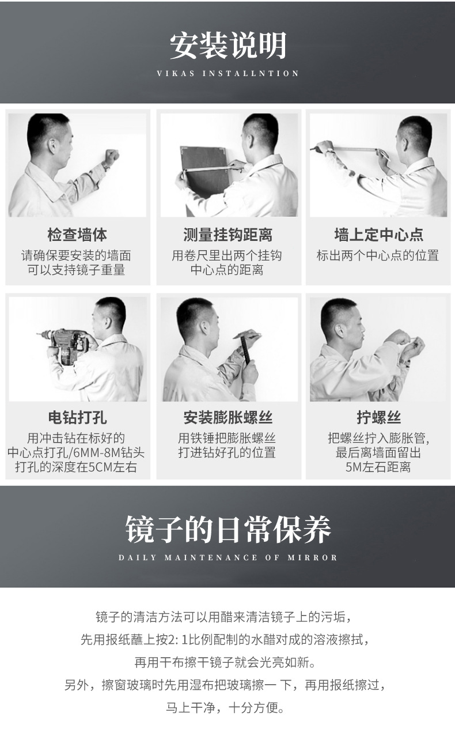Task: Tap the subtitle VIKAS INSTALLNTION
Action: pos(227,74)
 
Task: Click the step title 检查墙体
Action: pos(77,235)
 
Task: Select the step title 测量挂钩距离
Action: pos(227,235)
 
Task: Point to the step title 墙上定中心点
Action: pos(378,235)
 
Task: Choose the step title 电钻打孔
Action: pos(77,417)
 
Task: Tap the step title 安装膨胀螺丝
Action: pos(227,417)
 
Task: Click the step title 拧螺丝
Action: pos(378,417)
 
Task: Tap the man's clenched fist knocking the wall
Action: pos(111,156)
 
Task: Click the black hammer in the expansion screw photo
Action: pos(246,349)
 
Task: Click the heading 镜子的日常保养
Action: pos(227,529)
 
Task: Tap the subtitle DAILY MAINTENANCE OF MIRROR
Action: pos(227,558)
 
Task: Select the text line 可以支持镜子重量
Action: pos(77,270)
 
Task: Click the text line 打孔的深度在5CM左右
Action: pos(77,467)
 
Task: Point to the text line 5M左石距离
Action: pos(378,467)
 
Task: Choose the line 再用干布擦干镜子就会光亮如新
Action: pos(227,662)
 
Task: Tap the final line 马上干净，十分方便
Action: pos(227,708)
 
